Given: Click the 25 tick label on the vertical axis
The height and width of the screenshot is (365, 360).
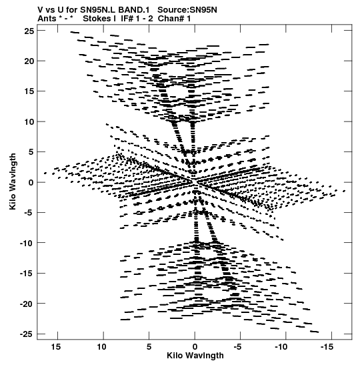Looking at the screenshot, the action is pos(29,31).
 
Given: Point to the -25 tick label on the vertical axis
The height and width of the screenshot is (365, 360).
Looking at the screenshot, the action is pos(27,334).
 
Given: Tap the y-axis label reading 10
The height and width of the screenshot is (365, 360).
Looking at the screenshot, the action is pos(29,121).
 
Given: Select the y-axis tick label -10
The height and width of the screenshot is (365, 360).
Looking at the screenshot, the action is pos(27,244).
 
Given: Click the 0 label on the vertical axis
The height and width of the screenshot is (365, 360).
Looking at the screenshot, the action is pos(31,183).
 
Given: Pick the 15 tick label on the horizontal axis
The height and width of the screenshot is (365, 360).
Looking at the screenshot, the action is pos(56,347).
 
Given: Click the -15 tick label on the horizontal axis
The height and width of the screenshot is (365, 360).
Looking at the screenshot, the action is pos(327,347).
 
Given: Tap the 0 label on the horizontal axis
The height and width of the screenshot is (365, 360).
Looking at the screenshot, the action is pos(195,347).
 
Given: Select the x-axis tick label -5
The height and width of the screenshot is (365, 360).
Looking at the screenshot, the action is pos(238,347).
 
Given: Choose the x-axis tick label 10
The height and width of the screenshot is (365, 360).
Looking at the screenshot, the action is pos(101,347).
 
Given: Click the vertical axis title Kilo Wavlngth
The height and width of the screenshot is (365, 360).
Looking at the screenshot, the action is pos(13,181).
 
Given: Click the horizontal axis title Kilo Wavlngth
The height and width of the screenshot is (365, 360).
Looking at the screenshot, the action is pos(195,356).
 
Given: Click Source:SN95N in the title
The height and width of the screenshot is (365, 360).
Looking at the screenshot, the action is pos(187,10).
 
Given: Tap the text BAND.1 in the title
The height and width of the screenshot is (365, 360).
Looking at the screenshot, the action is pos(134,10).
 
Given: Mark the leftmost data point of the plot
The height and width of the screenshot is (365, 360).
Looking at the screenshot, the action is pos(45,173).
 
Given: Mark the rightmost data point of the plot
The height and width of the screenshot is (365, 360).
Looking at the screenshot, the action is pos(344,191).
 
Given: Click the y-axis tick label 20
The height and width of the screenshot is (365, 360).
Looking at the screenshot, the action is pos(29,61).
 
